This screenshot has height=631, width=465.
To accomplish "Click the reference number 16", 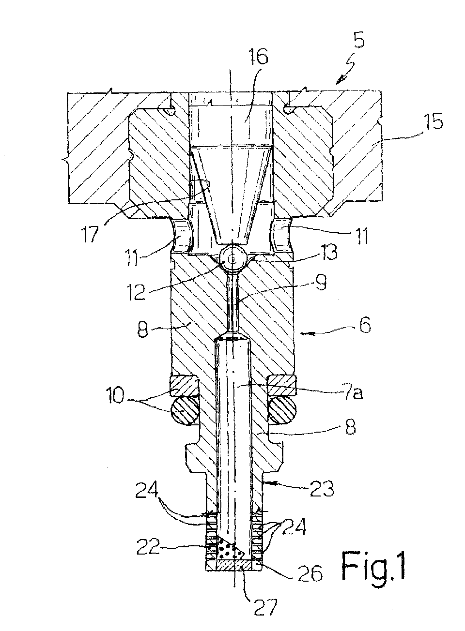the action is (x=257, y=58).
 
